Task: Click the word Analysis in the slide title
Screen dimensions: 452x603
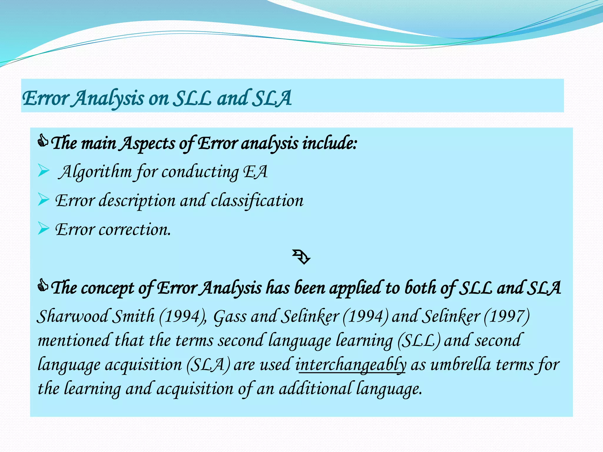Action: tap(108, 98)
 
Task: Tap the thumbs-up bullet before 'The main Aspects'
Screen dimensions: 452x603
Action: tap(43, 141)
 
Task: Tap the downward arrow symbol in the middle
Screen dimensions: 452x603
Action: tap(301, 257)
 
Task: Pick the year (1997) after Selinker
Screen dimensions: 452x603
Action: tap(506, 316)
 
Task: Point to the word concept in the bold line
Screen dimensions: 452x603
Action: tap(107, 288)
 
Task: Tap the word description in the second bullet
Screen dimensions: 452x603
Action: tap(137, 201)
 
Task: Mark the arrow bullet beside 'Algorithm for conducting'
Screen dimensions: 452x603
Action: tap(44, 171)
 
